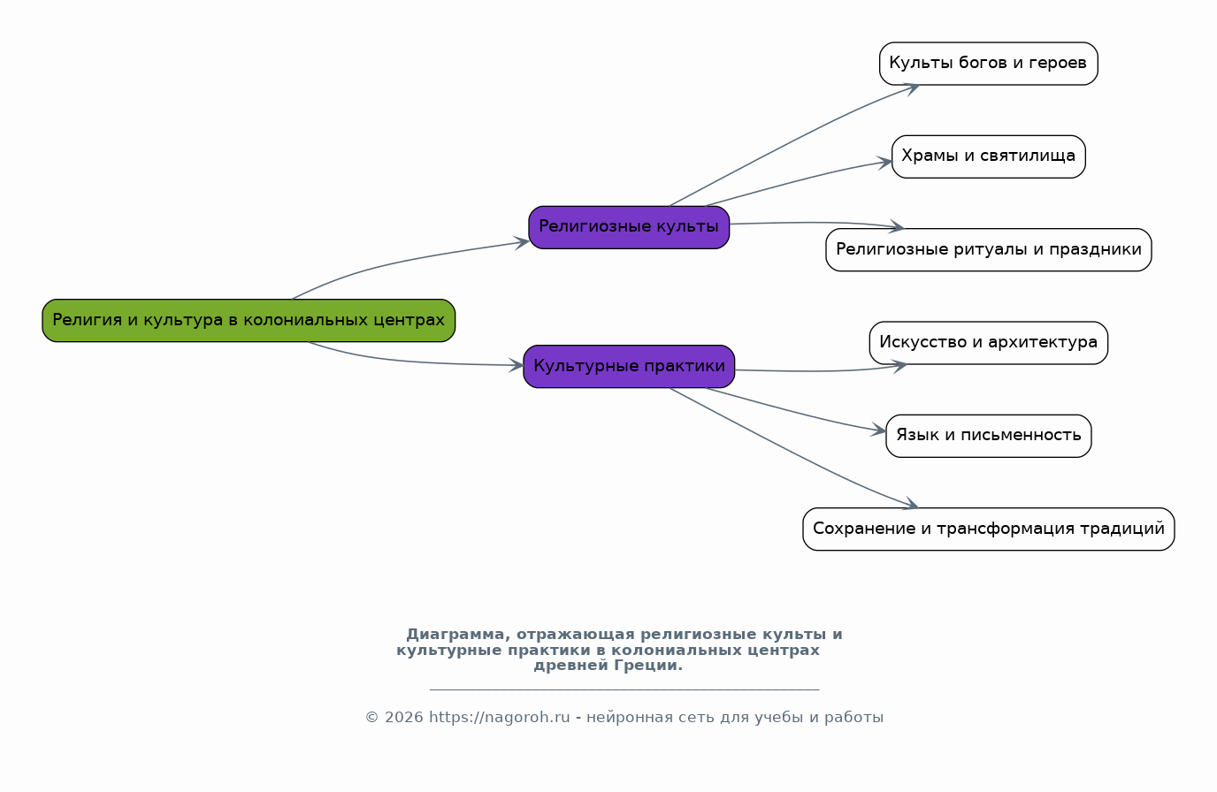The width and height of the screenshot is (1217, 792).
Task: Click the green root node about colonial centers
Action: [249, 320]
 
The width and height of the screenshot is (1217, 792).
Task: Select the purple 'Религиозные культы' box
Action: [629, 227]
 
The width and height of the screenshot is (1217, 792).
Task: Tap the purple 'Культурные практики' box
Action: [629, 367]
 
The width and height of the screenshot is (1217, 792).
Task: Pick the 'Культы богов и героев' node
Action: [988, 64]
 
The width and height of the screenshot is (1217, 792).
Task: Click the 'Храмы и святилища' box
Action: [988, 156]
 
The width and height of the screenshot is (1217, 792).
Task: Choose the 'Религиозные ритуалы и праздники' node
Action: [988, 249]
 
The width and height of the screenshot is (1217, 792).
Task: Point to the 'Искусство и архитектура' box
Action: [988, 343]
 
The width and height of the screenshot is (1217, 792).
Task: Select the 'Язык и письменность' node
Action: [988, 436]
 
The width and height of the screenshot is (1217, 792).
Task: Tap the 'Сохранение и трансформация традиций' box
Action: [988, 529]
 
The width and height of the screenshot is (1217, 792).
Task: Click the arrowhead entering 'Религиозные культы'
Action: [522, 243]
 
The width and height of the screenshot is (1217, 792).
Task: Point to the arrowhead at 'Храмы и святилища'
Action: [884, 163]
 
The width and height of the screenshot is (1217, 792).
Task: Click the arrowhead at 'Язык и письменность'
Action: [878, 430]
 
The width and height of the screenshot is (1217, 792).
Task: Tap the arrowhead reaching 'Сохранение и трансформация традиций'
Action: [910, 504]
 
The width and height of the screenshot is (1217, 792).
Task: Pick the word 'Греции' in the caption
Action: [648, 666]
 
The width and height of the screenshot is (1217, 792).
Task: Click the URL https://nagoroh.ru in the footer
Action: [500, 718]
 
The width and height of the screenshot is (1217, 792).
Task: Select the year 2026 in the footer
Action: [403, 718]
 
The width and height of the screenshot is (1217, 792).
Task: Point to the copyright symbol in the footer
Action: [371, 718]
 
